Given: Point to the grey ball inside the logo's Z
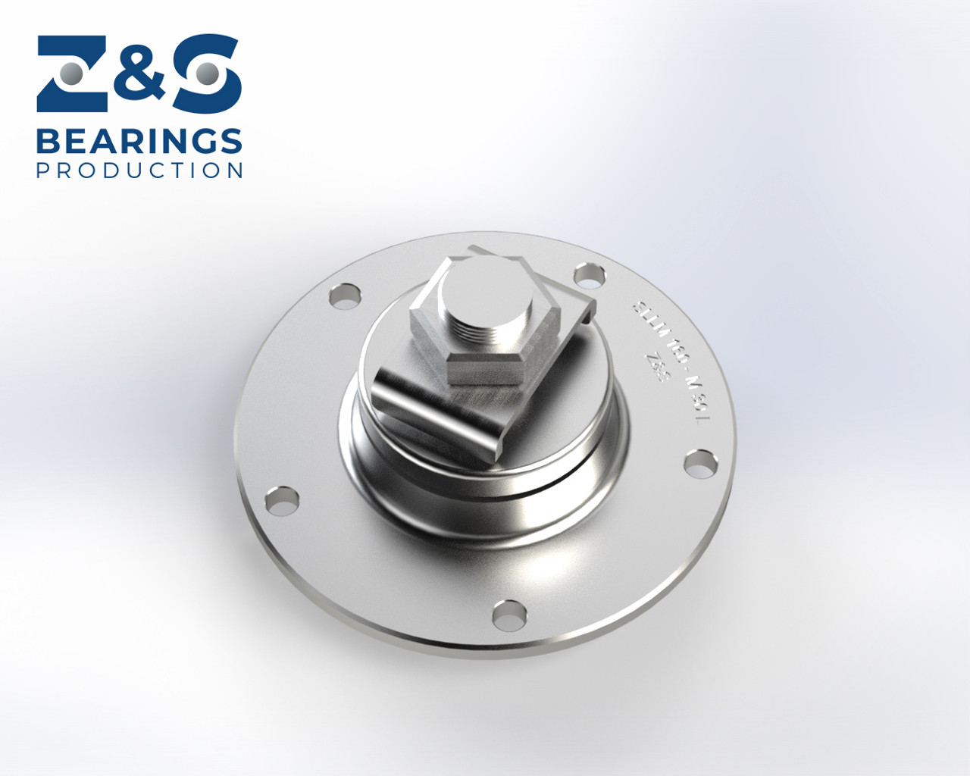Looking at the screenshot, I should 73,74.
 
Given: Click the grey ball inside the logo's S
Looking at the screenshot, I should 206,74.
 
